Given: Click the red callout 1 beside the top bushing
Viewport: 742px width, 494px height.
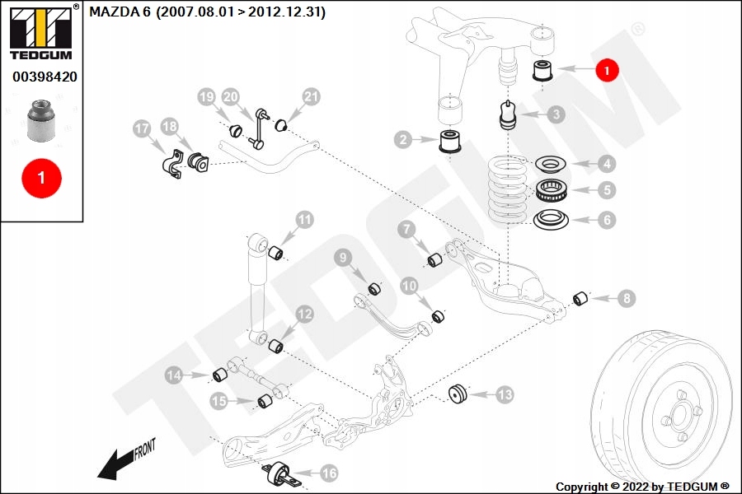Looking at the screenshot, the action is tap(607, 70).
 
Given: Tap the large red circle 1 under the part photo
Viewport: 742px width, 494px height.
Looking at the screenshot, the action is tap(42, 178).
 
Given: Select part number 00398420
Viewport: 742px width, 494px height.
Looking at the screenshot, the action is tap(45, 77).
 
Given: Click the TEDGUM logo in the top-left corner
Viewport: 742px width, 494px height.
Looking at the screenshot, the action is tap(41, 32).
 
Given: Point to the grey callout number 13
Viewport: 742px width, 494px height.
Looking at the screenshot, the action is tap(505, 394).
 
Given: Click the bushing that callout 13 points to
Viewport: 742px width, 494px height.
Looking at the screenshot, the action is tap(458, 394).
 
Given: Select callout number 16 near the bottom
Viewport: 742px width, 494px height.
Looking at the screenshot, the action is tap(329, 473).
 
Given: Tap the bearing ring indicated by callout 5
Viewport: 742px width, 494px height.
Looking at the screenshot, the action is tap(552, 190).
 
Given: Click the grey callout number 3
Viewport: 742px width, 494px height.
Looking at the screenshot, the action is tap(556, 114).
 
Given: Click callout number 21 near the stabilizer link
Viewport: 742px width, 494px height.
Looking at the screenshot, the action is tap(311, 97).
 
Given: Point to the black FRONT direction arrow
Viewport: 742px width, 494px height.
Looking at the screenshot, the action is tap(115, 464).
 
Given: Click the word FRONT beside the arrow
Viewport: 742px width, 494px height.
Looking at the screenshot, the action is tap(144, 449).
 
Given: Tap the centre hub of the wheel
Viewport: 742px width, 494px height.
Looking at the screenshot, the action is tap(679, 417).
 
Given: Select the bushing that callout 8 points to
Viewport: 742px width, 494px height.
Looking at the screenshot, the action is tap(580, 299).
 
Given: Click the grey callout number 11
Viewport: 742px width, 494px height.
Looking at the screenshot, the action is tap(305, 220).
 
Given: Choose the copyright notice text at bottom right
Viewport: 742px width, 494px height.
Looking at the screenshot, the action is tap(642, 487).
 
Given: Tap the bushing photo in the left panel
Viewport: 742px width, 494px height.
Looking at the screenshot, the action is tap(41, 120).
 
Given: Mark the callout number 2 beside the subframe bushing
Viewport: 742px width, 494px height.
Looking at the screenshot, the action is tap(403, 139).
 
